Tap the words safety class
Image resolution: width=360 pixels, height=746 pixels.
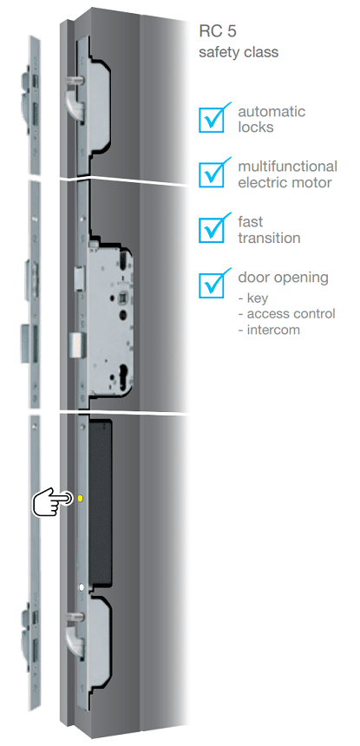(x=239, y=52)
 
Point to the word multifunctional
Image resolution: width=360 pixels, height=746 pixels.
(x=288, y=167)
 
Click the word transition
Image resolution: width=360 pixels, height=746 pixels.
(x=269, y=238)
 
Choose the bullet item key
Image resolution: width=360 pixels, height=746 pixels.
(x=253, y=298)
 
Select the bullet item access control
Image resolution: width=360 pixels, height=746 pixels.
(x=287, y=314)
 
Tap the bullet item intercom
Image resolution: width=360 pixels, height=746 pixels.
(x=269, y=330)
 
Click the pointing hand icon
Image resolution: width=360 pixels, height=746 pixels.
(x=52, y=501)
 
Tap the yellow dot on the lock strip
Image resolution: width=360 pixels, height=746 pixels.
(x=81, y=498)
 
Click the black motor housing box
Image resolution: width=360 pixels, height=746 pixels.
(x=100, y=502)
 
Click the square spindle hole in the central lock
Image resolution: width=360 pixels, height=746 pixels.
(x=122, y=297)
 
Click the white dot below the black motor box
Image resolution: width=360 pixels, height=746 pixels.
(x=82, y=587)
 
